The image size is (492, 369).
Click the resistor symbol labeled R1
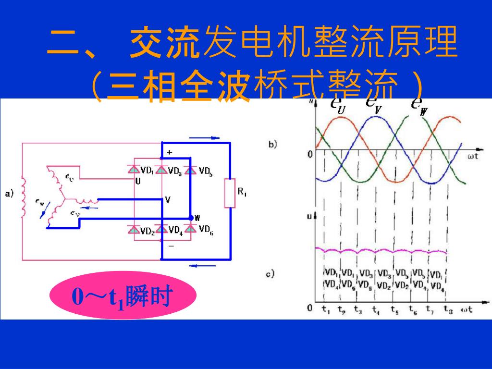point(230,194)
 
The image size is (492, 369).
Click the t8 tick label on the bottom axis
point(447,309)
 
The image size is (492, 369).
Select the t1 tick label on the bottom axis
point(325,309)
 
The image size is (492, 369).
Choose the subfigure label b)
point(272,144)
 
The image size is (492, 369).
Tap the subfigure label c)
point(270,274)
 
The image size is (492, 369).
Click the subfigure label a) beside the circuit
point(9,194)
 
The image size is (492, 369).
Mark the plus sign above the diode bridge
point(169,153)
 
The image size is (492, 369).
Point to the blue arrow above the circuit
point(204,138)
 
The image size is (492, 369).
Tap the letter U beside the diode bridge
point(138,181)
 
